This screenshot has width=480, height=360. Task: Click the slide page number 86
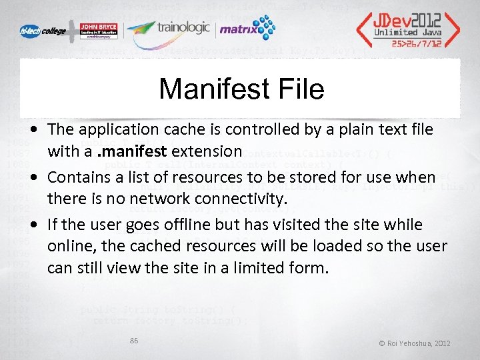pyautogui.click(x=134, y=341)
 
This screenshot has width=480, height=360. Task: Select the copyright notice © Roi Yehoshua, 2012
pyautogui.click(x=415, y=343)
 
